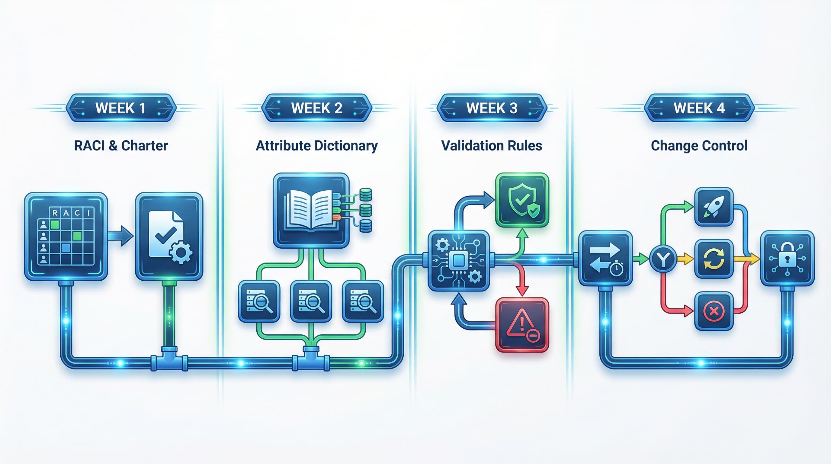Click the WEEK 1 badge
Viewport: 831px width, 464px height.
click(121, 108)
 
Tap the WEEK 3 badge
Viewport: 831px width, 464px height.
click(492, 108)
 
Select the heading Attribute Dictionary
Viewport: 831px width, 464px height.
click(316, 146)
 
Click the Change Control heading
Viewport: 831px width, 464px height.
click(699, 146)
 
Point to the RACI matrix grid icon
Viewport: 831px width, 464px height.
click(66, 236)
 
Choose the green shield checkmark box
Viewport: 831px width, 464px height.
click(522, 200)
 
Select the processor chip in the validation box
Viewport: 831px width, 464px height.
click(458, 260)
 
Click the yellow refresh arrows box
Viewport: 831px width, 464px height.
click(714, 259)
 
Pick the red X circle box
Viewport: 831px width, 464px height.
click(714, 311)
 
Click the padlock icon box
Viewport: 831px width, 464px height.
click(787, 258)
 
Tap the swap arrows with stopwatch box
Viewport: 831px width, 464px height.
click(605, 258)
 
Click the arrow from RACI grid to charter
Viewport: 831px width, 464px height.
click(121, 236)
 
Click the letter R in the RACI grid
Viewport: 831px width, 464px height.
click(55, 213)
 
